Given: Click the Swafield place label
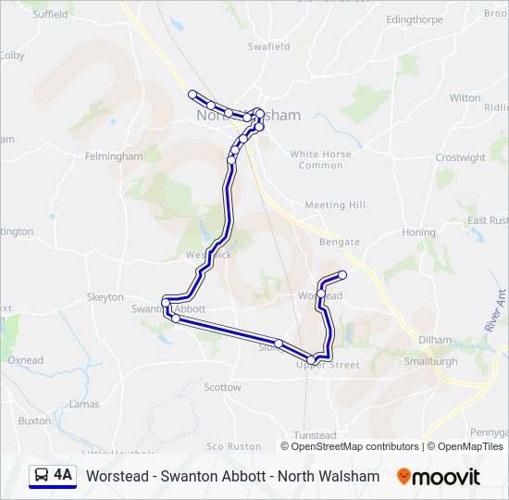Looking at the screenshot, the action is (x=268, y=46).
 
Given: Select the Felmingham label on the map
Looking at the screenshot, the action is (x=114, y=156).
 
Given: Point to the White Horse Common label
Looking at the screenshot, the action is (x=321, y=159).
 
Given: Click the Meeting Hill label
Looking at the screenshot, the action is (x=335, y=205).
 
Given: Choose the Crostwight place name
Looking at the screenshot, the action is (x=460, y=157).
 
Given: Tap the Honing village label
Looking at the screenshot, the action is (x=418, y=232).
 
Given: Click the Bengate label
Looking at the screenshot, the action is (x=340, y=242).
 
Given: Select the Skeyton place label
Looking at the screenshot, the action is (x=105, y=297).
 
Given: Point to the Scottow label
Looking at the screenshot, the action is (x=222, y=387).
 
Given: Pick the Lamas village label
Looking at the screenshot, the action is (x=84, y=404).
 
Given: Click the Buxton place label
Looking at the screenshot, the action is (x=34, y=420).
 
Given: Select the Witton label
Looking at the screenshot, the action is (x=465, y=97).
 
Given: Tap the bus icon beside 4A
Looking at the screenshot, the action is (x=43, y=476).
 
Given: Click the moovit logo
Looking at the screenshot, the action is (x=439, y=477).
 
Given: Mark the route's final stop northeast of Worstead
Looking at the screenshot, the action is (x=342, y=274).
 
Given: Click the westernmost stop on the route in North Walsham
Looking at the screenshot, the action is (x=192, y=94).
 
